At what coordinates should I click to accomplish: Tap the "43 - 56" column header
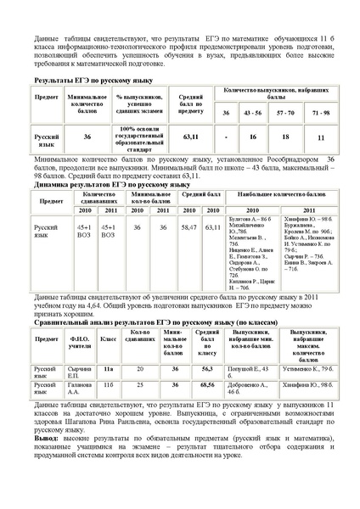[x=252, y=112]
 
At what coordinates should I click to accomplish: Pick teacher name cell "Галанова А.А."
[x=78, y=389]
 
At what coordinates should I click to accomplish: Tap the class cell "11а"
[x=108, y=370]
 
